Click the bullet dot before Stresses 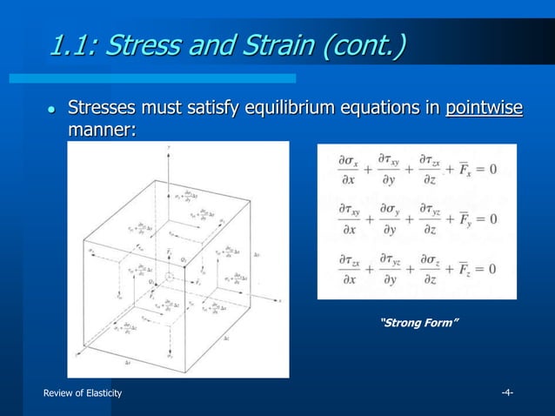(50, 111)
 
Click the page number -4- (506, 393)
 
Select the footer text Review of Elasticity (83, 393)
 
